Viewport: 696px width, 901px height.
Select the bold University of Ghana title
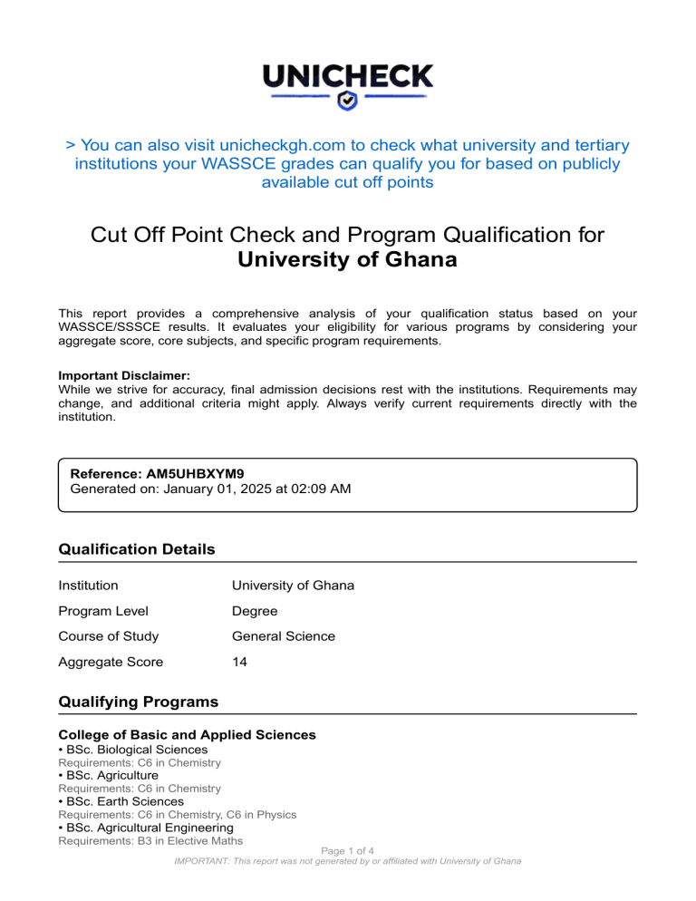pos(347,260)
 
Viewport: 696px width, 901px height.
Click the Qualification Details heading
pos(136,549)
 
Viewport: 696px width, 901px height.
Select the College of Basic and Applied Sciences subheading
pos(187,734)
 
